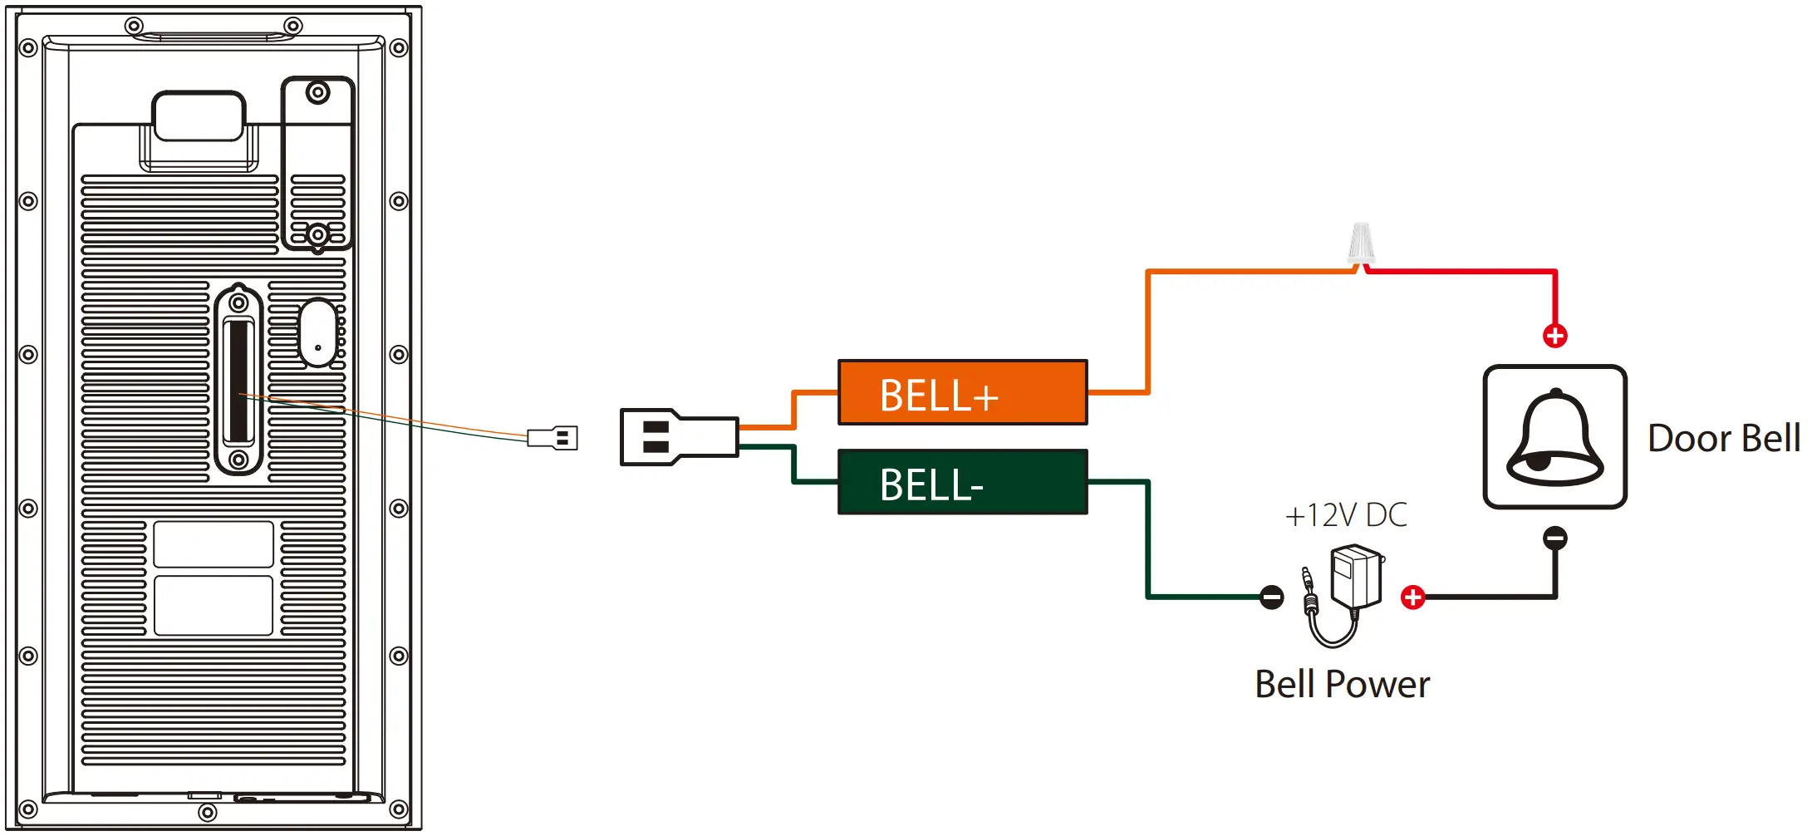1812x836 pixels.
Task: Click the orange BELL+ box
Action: pos(962,392)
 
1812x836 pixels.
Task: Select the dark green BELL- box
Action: pos(962,482)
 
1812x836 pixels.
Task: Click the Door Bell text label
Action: pos(1723,439)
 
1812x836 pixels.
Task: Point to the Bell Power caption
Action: pos(1342,685)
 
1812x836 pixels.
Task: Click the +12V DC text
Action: pos(1346,515)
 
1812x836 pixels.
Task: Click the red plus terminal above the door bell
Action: pos(1554,336)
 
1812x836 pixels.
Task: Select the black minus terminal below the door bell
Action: pos(1554,538)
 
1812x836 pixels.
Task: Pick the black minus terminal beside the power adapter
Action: pos(1271,597)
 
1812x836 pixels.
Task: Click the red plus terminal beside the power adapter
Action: pos(1412,597)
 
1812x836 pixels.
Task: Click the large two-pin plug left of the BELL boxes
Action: pos(678,437)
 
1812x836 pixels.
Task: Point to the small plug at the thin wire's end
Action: pos(553,438)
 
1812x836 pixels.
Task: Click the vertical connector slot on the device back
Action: pos(238,381)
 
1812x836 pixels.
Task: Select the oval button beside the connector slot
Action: pos(317,333)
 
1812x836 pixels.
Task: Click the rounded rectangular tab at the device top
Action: pos(199,116)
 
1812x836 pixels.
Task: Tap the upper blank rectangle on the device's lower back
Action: pos(214,544)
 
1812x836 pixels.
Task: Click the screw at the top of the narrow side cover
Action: pos(317,92)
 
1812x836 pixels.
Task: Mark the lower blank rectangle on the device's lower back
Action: pos(214,605)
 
